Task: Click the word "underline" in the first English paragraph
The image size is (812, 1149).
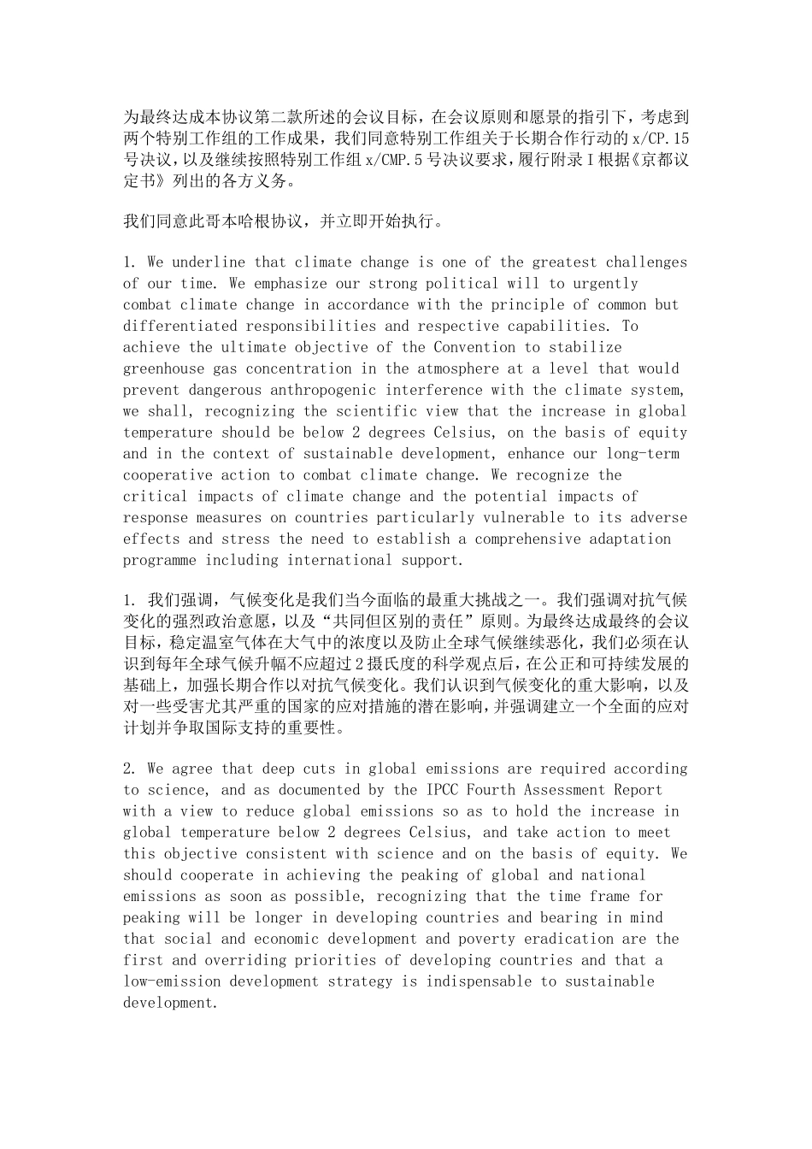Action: tap(209, 262)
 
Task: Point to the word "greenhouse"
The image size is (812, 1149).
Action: tap(163, 368)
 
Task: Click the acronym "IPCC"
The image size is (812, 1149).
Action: tap(442, 790)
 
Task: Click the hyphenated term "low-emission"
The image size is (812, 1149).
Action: tap(171, 981)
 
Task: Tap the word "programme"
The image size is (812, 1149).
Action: tap(159, 560)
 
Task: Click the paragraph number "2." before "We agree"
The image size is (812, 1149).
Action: tap(131, 769)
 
